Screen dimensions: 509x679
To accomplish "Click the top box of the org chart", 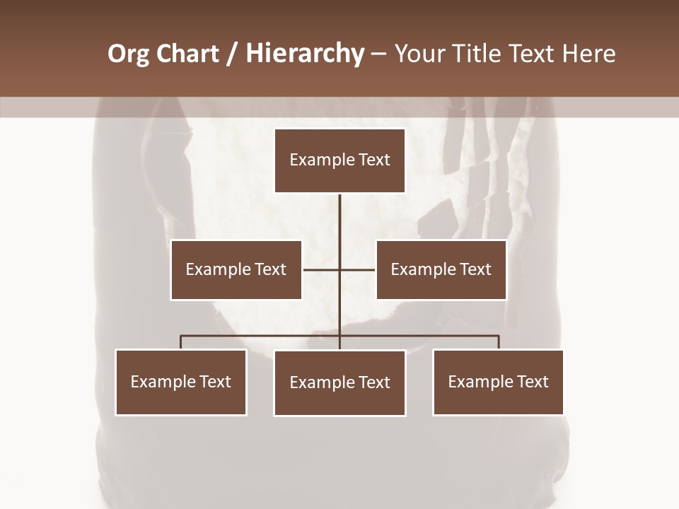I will coord(339,160).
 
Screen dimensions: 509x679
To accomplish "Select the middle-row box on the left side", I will coord(236,269).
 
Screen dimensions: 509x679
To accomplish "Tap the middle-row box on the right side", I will coord(441,269).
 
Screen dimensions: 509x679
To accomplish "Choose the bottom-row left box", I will coord(180,382).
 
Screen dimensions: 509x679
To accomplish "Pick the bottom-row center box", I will coord(339,383).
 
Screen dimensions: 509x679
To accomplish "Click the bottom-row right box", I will coord(498,382).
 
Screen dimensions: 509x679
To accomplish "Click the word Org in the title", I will coord(128,54).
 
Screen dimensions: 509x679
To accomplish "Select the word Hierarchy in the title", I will coord(304,54).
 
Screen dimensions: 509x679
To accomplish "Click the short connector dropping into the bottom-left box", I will coord(180,342).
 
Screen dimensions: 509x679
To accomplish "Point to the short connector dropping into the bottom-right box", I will coord(498,342).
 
